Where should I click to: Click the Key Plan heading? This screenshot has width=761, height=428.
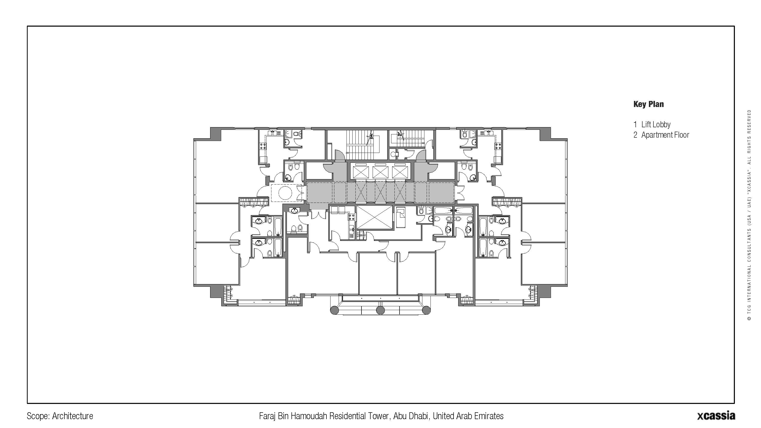pyautogui.click(x=648, y=104)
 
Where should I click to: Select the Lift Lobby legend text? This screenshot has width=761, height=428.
pyautogui.click(x=656, y=125)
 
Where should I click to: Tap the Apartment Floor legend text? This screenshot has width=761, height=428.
pyautogui.click(x=665, y=135)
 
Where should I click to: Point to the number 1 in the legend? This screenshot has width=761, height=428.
pyautogui.click(x=635, y=125)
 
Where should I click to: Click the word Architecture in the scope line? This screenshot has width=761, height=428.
pyautogui.click(x=72, y=416)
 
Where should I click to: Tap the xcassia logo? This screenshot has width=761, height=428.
pyautogui.click(x=716, y=415)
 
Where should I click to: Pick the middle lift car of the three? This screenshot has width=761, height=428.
pyautogui.click(x=380, y=172)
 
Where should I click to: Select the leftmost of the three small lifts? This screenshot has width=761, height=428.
pyautogui.click(x=361, y=172)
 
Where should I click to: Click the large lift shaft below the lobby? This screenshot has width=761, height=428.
pyautogui.click(x=374, y=217)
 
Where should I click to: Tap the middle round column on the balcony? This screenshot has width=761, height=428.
pyautogui.click(x=380, y=310)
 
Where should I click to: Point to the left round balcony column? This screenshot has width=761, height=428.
pyautogui.click(x=334, y=310)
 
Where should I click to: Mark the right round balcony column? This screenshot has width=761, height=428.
pyautogui.click(x=426, y=310)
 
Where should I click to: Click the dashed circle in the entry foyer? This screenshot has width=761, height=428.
pyautogui.click(x=285, y=193)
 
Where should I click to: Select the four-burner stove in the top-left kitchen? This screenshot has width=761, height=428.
pyautogui.click(x=263, y=146)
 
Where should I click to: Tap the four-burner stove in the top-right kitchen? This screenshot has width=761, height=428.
pyautogui.click(x=498, y=146)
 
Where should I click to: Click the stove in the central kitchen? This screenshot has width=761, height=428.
pyautogui.click(x=352, y=217)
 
